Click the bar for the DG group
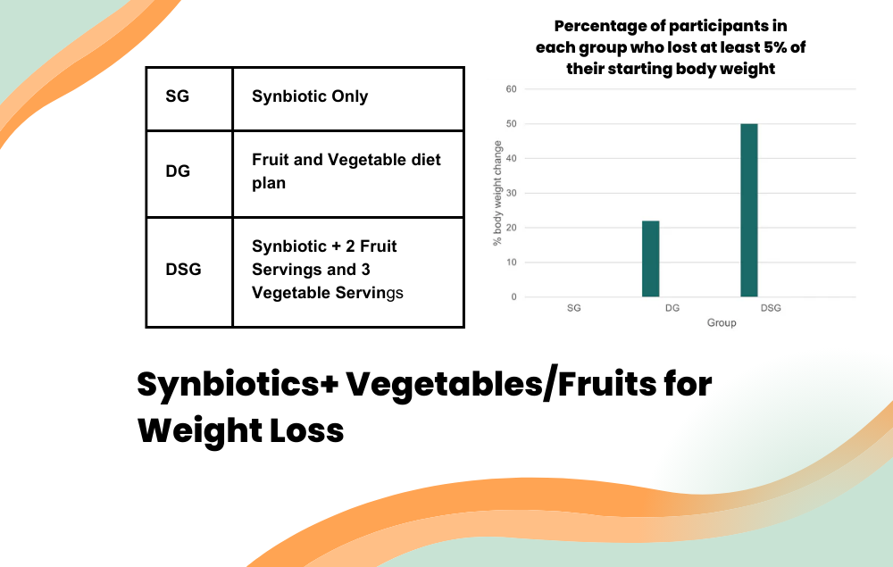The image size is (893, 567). tap(650, 259)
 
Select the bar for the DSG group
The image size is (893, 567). tap(748, 211)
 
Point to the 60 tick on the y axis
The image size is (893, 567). tap(513, 89)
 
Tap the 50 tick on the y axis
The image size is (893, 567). tap(513, 124)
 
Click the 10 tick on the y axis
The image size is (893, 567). tap(513, 263)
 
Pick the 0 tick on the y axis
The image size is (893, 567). tap(514, 297)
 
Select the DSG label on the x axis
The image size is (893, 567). tap(770, 308)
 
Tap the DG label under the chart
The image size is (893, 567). tap(672, 308)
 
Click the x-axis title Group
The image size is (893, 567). tap(722, 322)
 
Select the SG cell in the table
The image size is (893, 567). tap(178, 97)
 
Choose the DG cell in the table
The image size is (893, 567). tap(178, 171)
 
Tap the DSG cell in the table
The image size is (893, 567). tap(183, 269)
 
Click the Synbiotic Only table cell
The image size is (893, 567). tap(310, 97)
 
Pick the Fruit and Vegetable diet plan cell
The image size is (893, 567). tap(346, 171)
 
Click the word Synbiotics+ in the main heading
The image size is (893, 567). tap(235, 385)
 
